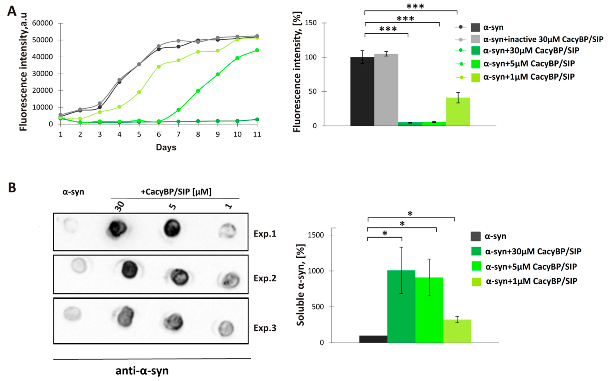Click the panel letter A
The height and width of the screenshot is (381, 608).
tap(12, 11)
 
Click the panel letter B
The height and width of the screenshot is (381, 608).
tap(12, 188)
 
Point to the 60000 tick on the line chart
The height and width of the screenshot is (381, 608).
tap(43, 23)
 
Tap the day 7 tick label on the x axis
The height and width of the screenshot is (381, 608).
tap(178, 134)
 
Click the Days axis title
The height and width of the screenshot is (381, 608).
tap(166, 147)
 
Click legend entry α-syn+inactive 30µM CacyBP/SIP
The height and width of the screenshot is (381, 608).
tap(543, 39)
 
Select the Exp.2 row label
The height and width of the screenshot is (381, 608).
tap(265, 278)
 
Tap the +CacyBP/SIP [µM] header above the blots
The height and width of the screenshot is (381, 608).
tap(176, 192)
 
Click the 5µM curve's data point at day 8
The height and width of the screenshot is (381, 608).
tap(198, 91)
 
